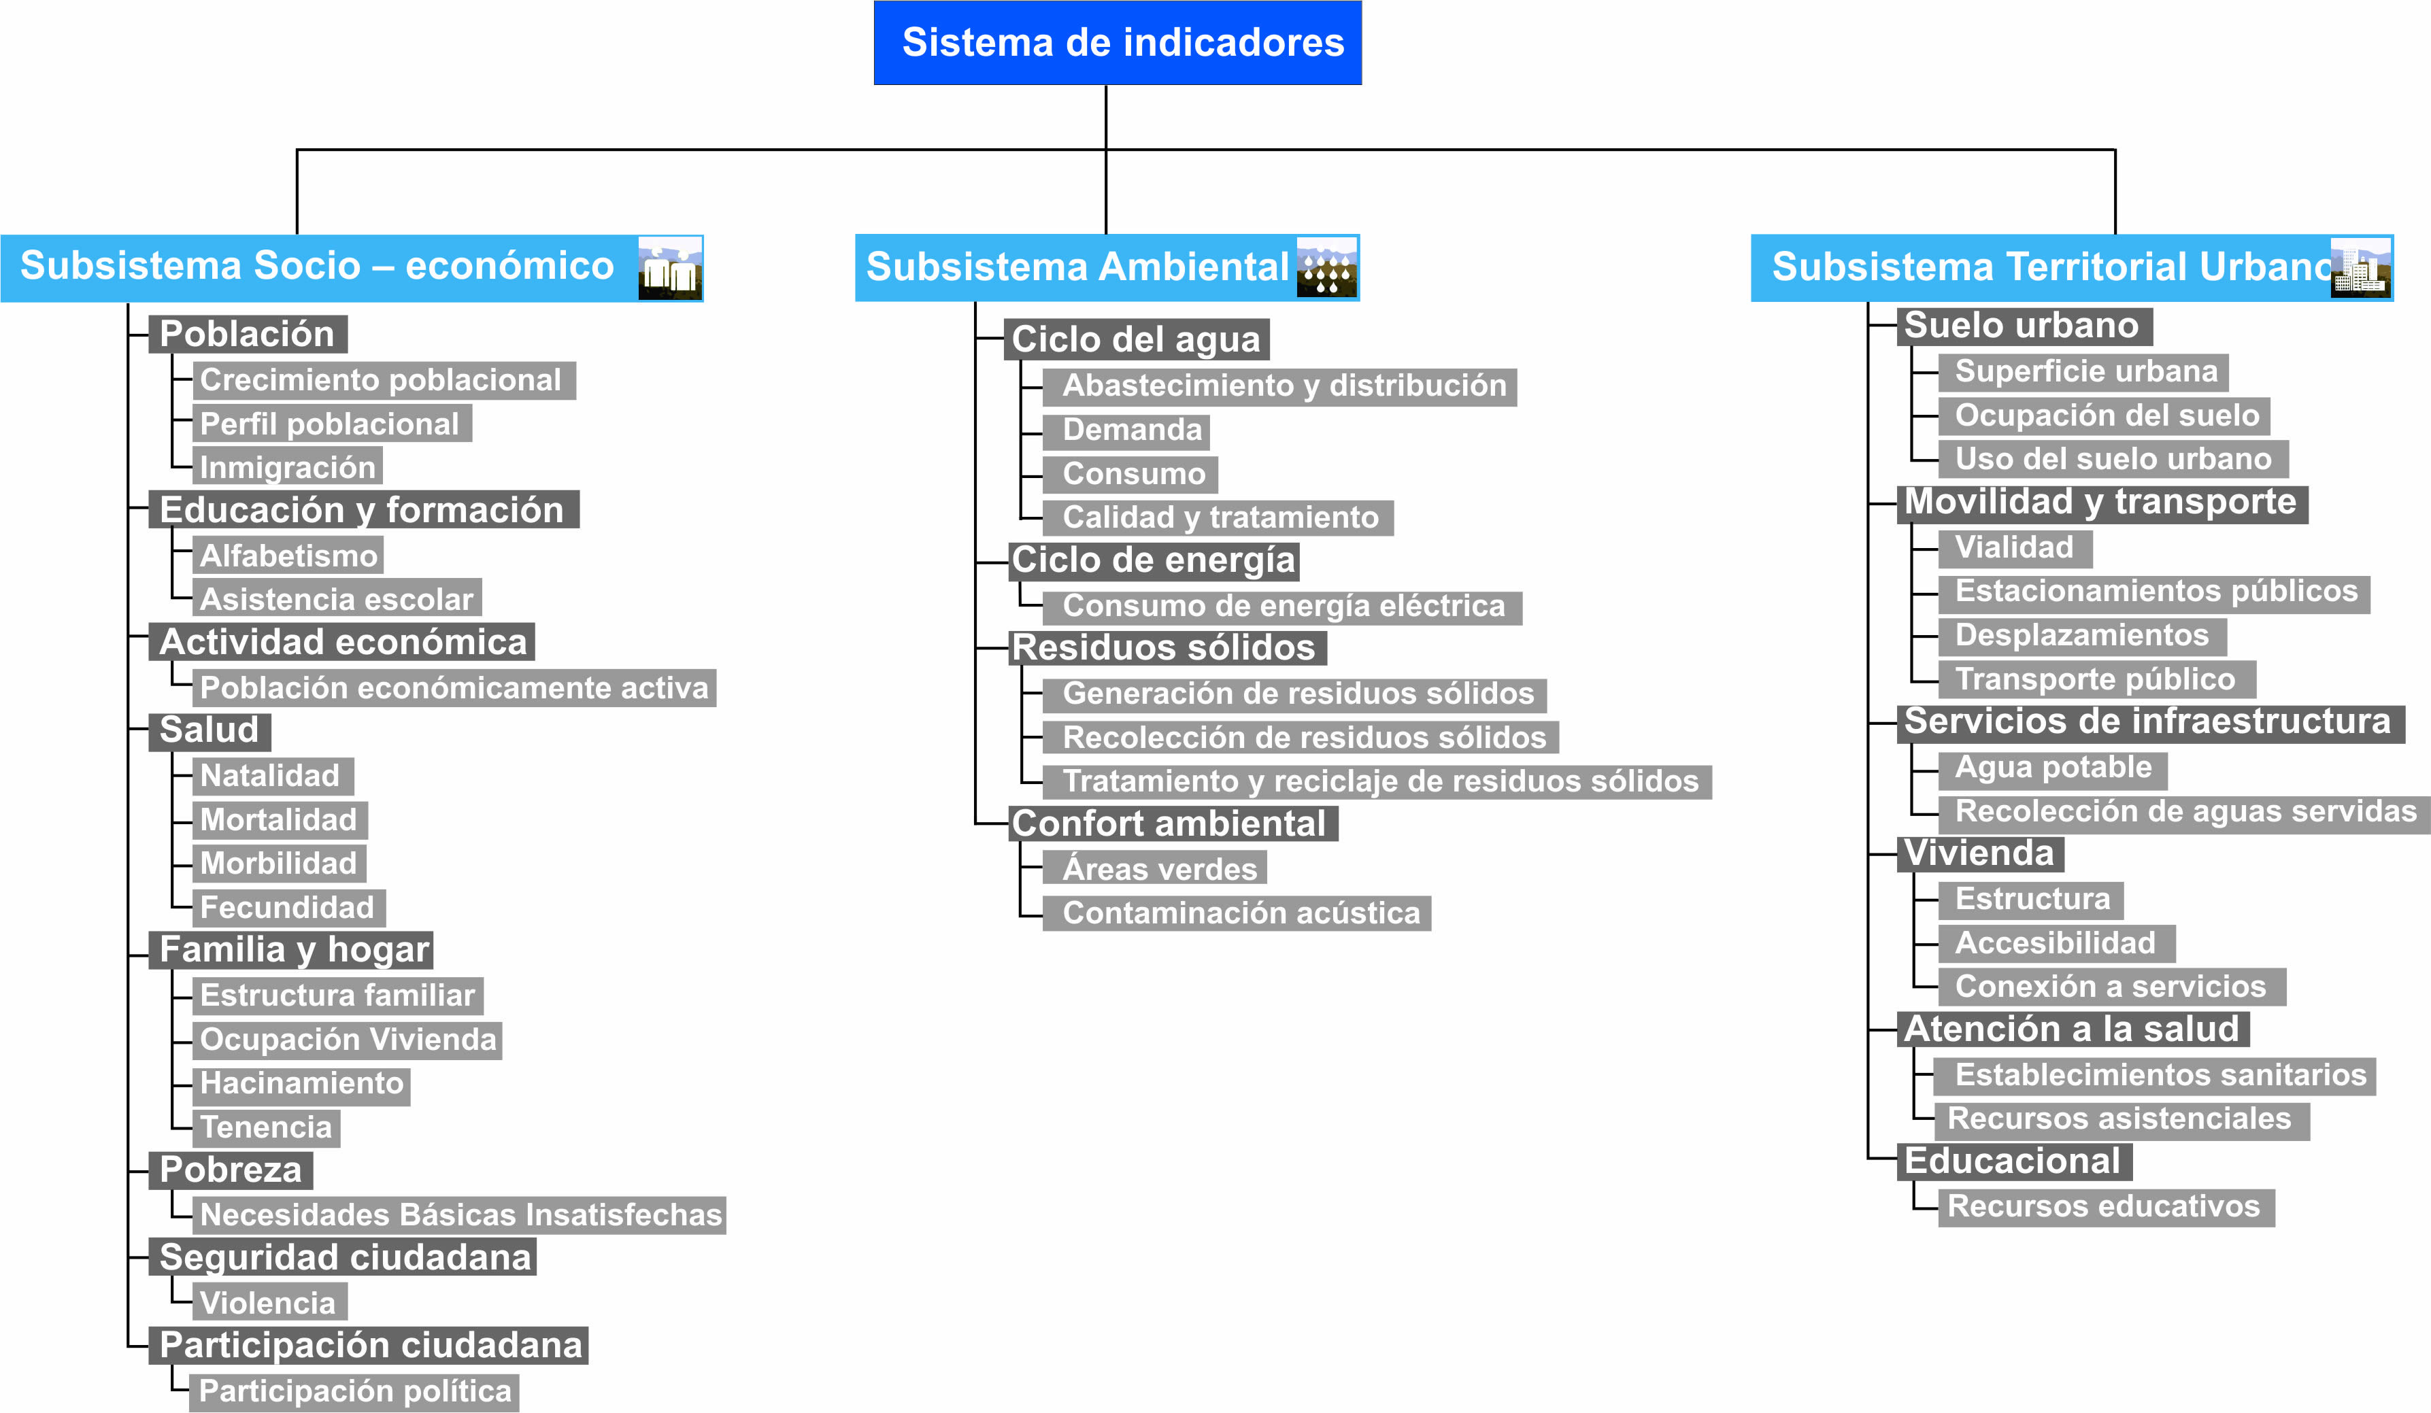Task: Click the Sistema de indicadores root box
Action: [x=1117, y=42]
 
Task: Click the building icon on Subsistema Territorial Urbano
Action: [x=2360, y=267]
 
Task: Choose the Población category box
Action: [x=248, y=334]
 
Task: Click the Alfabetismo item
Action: [x=288, y=555]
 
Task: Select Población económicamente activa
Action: [x=454, y=687]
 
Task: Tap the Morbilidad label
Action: [x=279, y=863]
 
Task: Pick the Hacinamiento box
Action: [x=301, y=1084]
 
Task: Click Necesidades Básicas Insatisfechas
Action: [x=459, y=1214]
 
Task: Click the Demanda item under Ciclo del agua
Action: [x=1126, y=431]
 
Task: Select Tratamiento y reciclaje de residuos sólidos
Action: [x=1377, y=781]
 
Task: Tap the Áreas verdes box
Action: [x=1155, y=868]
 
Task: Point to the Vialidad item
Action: [x=2015, y=549]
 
